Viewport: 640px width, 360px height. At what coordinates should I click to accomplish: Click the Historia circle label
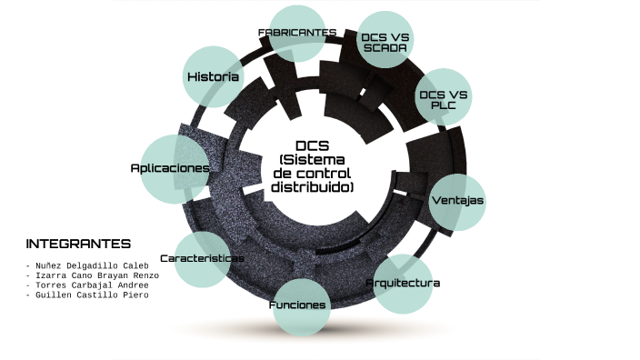click(x=213, y=76)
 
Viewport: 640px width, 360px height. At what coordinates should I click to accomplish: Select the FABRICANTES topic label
click(x=297, y=32)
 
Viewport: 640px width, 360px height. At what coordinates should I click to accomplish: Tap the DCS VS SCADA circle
click(x=385, y=41)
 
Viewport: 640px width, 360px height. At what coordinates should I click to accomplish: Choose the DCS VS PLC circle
click(x=443, y=98)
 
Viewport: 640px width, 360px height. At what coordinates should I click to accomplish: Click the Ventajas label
click(x=456, y=200)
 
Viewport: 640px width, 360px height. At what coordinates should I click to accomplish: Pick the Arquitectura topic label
click(x=403, y=283)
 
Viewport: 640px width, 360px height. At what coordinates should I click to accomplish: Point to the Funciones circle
click(x=297, y=305)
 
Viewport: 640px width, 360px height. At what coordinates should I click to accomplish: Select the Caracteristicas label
click(x=202, y=258)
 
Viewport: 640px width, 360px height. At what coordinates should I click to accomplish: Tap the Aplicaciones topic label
click(x=170, y=168)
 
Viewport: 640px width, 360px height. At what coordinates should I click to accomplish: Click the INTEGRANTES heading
click(x=78, y=244)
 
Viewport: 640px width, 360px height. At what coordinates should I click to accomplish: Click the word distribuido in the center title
click(x=312, y=187)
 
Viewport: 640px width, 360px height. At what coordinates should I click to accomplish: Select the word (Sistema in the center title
click(x=312, y=160)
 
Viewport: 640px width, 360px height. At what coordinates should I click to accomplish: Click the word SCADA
click(x=385, y=47)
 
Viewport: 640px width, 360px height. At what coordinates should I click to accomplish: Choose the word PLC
click(x=443, y=105)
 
